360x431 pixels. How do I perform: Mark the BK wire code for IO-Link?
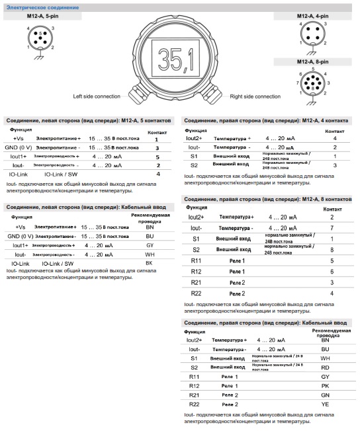point(149,263)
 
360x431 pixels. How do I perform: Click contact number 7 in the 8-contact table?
point(332,227)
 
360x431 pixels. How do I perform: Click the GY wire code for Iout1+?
point(149,245)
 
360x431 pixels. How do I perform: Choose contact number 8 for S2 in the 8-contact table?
point(332,250)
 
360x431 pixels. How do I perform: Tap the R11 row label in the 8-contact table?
point(196,261)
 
